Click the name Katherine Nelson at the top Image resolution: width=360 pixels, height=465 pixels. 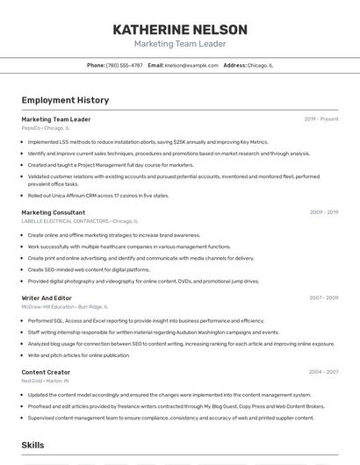click(x=180, y=29)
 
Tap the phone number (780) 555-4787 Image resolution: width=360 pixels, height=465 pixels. click(x=124, y=65)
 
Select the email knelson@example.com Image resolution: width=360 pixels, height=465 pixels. click(x=191, y=65)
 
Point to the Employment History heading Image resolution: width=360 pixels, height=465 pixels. click(x=65, y=100)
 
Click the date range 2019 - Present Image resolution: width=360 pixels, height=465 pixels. click(x=321, y=118)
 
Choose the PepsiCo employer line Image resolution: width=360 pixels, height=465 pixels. click(x=46, y=127)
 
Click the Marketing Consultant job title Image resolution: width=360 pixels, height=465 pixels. click(x=54, y=212)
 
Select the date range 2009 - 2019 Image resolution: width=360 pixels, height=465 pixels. click(x=324, y=211)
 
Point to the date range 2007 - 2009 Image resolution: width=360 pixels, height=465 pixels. click(x=324, y=297)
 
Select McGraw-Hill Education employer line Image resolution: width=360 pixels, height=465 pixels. click(x=65, y=306)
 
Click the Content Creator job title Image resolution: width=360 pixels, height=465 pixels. click(x=47, y=372)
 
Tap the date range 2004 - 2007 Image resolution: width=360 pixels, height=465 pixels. click(x=324, y=372)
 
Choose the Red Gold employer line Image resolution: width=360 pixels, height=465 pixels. click(x=46, y=381)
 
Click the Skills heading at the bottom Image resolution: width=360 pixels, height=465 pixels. click(x=33, y=445)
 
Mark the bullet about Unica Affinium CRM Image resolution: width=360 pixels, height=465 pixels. click(x=98, y=196)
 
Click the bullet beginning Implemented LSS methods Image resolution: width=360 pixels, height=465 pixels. click(x=148, y=141)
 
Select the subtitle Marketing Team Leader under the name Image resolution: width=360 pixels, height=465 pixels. click(x=180, y=44)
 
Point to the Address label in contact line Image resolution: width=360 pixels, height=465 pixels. click(x=234, y=65)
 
